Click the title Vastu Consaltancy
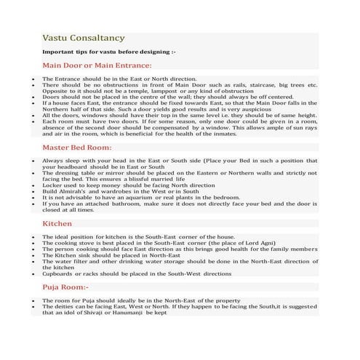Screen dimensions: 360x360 83,37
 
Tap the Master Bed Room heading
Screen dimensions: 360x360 76,147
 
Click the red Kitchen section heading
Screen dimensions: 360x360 57,223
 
